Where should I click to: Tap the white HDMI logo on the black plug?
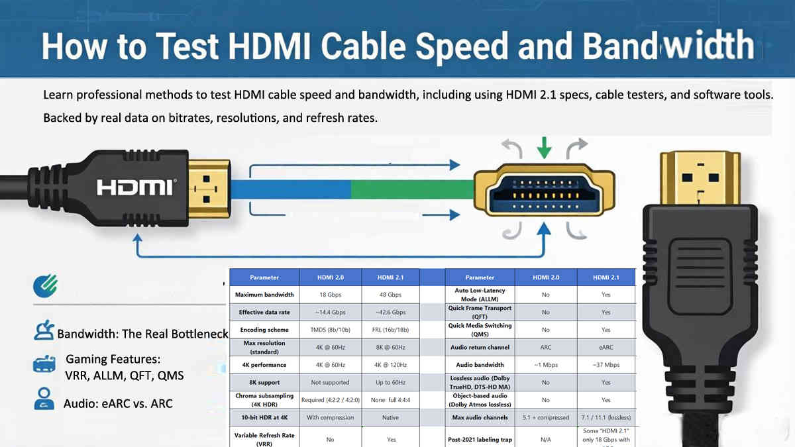tap(136, 187)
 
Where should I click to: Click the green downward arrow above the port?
tap(544, 147)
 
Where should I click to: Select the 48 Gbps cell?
tap(390, 295)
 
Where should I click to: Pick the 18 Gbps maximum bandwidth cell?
tap(330, 295)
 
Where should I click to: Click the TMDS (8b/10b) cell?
tap(330, 330)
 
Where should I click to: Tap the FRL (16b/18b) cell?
tap(390, 330)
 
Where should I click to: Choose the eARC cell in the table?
tap(606, 347)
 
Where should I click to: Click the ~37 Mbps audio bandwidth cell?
tap(606, 365)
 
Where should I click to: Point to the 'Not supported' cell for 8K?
tap(330, 382)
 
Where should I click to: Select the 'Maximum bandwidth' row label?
tap(264, 295)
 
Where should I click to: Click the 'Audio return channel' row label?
tap(480, 347)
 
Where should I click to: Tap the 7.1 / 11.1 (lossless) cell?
tap(606, 417)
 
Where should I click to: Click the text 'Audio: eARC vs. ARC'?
tap(118, 403)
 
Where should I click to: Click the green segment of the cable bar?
tap(411, 189)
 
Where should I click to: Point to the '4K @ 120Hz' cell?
tap(390, 365)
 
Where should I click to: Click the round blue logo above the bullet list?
tap(45, 285)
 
